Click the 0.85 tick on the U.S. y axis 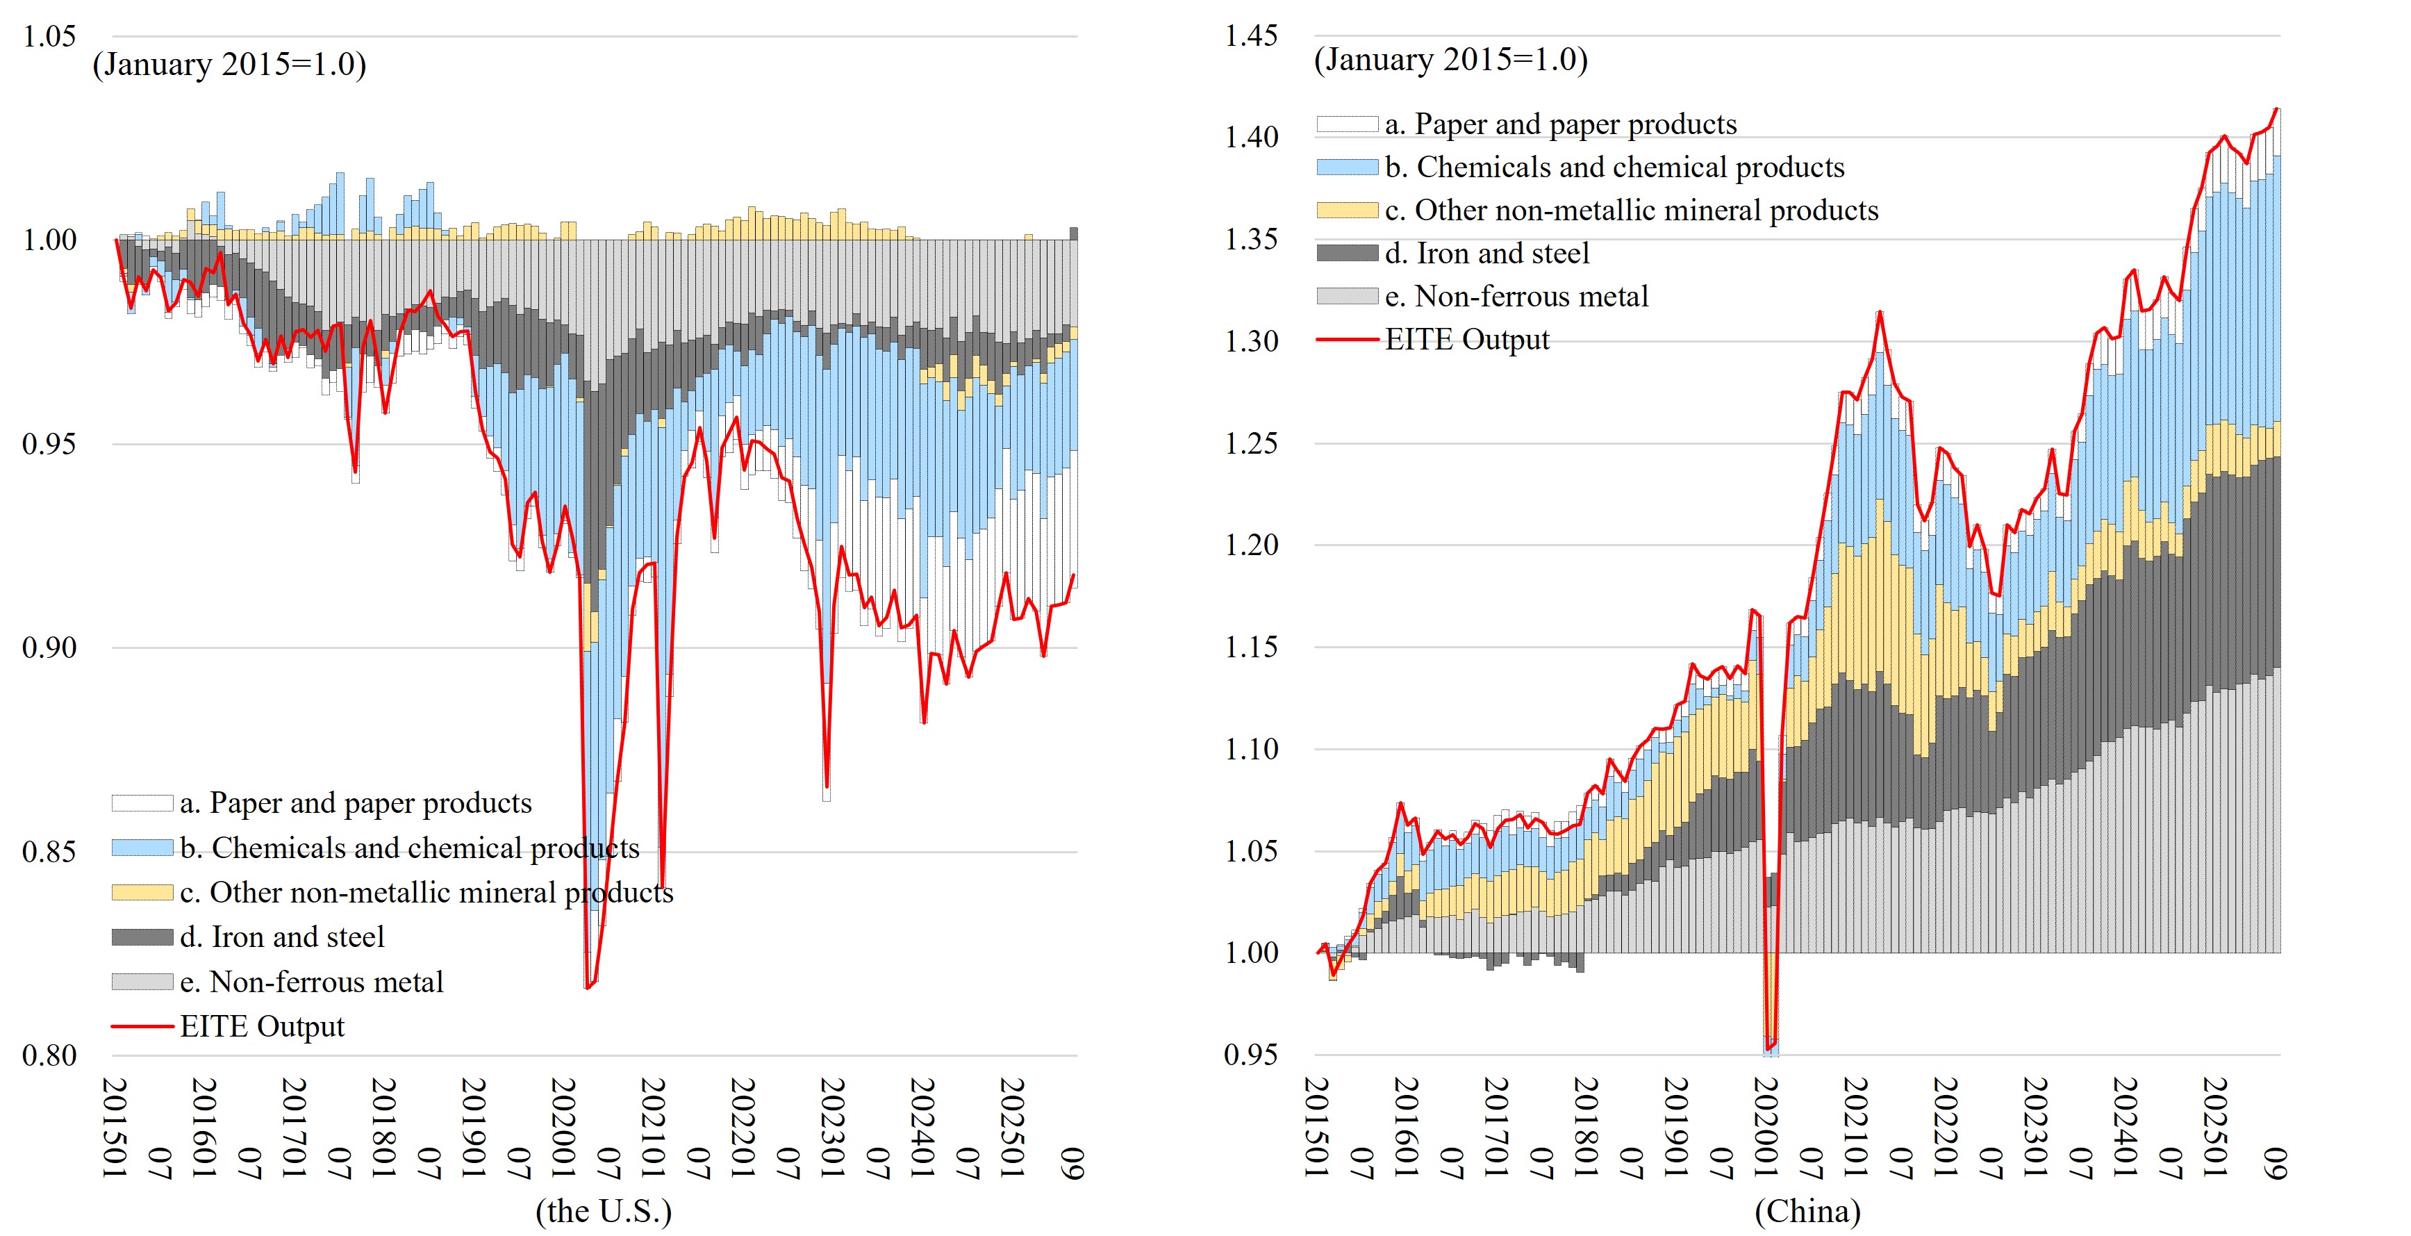[49, 852]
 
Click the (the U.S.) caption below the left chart [604, 1211]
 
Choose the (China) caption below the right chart [1807, 1211]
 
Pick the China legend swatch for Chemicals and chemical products [1347, 167]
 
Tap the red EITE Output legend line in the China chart [1347, 340]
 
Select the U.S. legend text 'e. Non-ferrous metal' [312, 981]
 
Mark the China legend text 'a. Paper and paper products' [1560, 124]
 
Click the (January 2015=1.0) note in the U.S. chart [229, 64]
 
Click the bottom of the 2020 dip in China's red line [1767, 1048]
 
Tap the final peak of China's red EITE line [2276, 108]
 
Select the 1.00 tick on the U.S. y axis [49, 240]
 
